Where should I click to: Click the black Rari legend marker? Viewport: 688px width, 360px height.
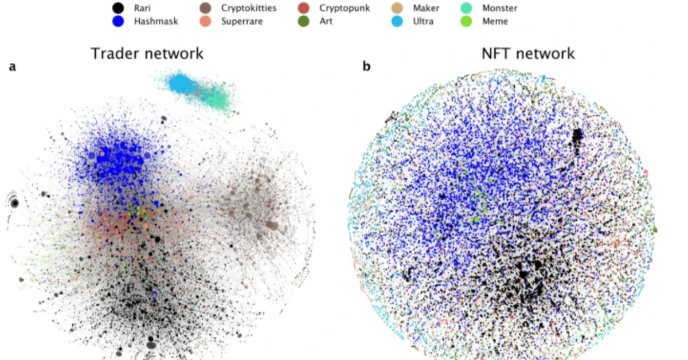[118, 9]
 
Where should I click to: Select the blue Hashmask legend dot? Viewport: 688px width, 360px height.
[118, 22]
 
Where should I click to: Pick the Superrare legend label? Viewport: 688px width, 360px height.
[243, 22]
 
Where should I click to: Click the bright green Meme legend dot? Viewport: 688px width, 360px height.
[468, 22]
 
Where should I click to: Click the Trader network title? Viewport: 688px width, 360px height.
[147, 54]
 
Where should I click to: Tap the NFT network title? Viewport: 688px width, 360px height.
[527, 54]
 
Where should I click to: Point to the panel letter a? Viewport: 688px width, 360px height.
[12, 67]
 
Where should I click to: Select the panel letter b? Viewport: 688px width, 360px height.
[366, 67]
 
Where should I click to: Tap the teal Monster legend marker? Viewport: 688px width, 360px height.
[468, 9]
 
